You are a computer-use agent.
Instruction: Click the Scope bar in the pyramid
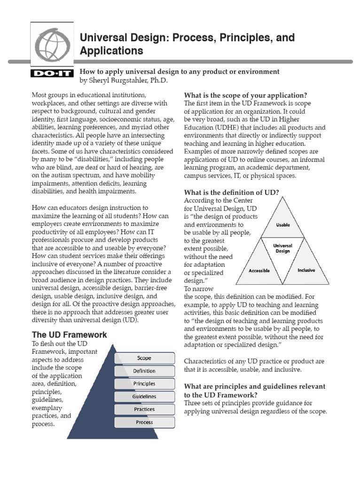pos(144,358)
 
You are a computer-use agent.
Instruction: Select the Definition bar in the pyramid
pos(144,371)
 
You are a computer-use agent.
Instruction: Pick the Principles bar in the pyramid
pos(144,384)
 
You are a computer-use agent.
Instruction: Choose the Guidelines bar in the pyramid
pos(144,396)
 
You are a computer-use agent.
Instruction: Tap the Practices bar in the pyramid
pos(144,409)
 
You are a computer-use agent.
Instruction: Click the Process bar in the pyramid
pos(144,422)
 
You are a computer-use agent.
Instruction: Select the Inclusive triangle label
pos(306,271)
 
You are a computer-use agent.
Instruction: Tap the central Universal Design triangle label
pos(283,248)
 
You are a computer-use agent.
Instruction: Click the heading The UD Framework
pos(69,335)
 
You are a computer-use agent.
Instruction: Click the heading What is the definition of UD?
pos(232,192)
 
